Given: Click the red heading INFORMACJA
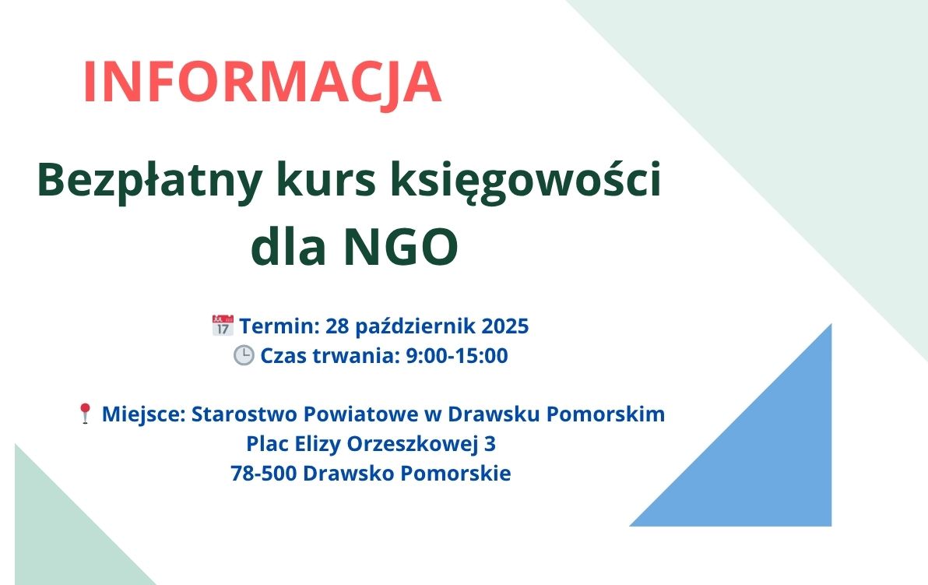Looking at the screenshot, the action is point(263,83).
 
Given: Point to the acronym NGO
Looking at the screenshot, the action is point(401,246).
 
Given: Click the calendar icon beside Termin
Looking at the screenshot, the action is point(223,326).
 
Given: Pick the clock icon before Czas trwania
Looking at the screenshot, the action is point(243,355).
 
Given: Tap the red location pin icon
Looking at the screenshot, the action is point(85,414).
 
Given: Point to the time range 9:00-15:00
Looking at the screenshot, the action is point(456,356).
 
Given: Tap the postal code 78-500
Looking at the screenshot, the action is point(264,474).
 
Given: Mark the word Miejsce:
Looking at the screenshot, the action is point(144,414).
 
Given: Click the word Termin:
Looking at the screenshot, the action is point(279,326).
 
